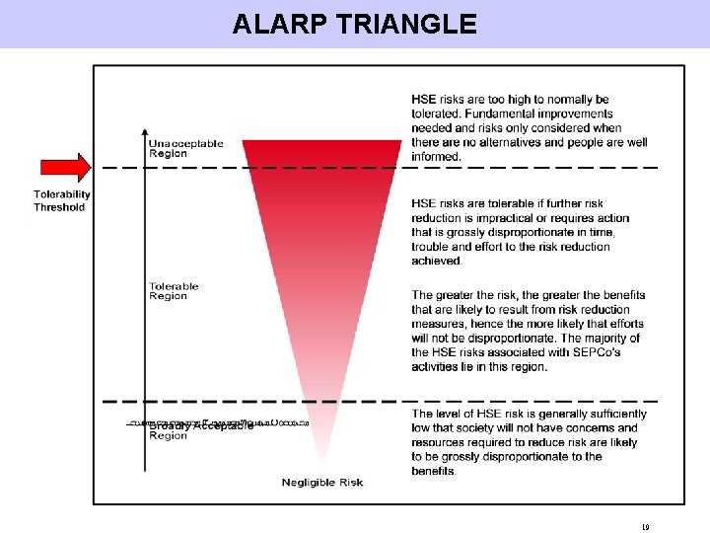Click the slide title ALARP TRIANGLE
354,24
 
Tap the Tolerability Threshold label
61,200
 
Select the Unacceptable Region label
185,148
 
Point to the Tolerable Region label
174,291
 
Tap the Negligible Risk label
321,482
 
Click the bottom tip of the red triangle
321,467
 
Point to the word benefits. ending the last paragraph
434,471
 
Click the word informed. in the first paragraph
437,157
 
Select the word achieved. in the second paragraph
437,261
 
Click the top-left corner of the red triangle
244,141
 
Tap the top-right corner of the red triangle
401,141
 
